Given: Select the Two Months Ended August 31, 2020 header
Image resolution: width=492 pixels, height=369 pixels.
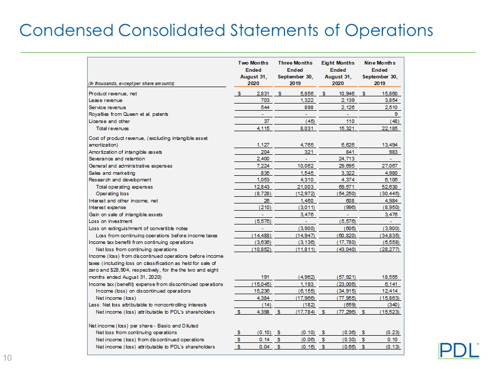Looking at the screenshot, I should click(253, 73).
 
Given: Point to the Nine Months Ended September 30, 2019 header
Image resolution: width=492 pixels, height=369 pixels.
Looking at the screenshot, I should click(379, 73).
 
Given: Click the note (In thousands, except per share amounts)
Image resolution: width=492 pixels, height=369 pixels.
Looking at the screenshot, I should click(131, 84).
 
